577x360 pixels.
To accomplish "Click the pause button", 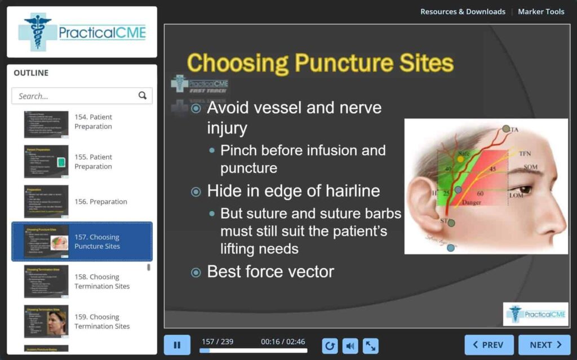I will click(x=177, y=345).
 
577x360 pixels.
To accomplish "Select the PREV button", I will click(x=489, y=345).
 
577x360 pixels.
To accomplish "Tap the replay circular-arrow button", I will click(x=330, y=345).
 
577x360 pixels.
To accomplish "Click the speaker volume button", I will click(x=350, y=345).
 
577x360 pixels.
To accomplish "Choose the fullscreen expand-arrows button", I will click(x=370, y=345).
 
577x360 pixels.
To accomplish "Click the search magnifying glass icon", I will click(x=143, y=96).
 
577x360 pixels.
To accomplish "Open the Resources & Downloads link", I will click(x=463, y=11).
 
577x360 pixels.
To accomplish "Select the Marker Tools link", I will click(x=541, y=11).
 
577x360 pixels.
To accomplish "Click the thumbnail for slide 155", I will click(x=46, y=162).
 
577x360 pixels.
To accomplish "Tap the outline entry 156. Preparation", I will click(x=101, y=202).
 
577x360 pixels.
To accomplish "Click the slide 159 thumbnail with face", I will click(x=46, y=321).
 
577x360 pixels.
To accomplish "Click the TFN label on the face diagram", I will click(x=525, y=153).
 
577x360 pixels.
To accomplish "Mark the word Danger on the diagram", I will click(x=472, y=202).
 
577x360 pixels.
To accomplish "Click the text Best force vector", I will click(x=270, y=272).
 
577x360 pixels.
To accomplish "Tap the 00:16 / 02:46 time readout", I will click(x=283, y=341).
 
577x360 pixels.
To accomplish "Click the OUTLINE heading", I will click(x=31, y=73).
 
